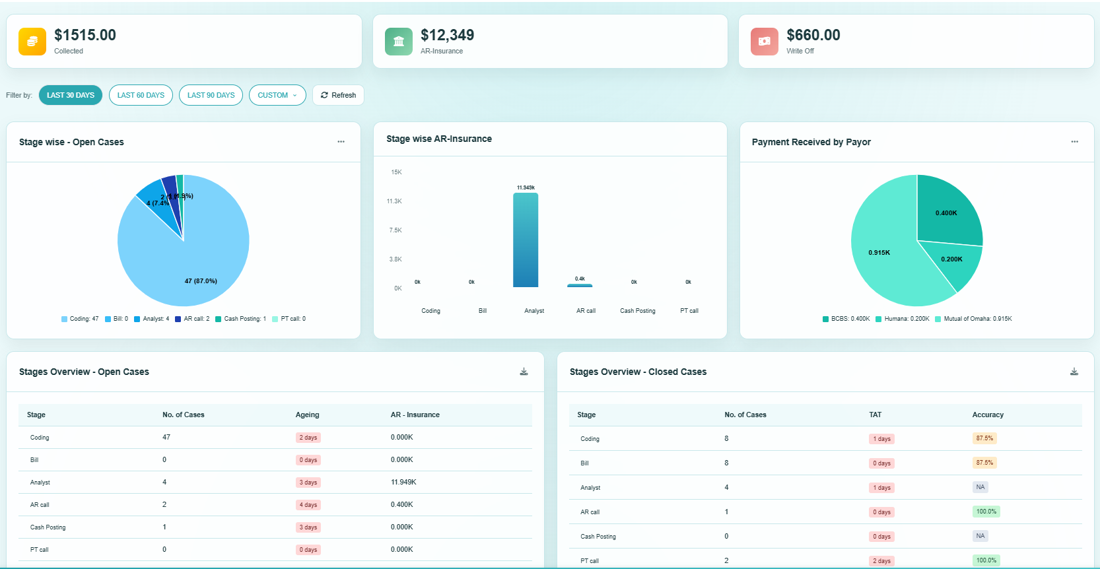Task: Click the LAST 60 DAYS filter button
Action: click(141, 95)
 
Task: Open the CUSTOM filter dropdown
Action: click(277, 95)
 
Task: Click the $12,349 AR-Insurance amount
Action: click(447, 35)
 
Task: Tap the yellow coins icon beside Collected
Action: click(32, 42)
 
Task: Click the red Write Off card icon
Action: click(764, 42)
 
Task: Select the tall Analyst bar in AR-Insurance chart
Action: click(526, 240)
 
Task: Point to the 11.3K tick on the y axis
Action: click(394, 201)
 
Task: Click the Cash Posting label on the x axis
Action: click(637, 311)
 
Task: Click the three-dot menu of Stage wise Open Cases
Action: click(341, 142)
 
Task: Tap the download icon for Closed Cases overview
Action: click(1074, 372)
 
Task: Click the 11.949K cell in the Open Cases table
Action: click(403, 482)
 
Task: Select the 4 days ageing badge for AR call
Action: click(308, 505)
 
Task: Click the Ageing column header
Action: click(307, 415)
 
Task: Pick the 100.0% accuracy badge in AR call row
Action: click(986, 512)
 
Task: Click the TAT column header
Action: click(875, 415)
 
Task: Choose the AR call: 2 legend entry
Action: click(192, 319)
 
